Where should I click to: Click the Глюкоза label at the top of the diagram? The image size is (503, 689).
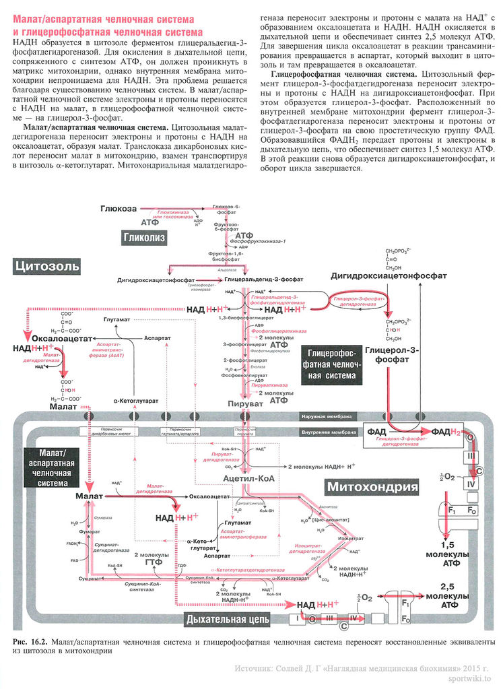click(x=119, y=209)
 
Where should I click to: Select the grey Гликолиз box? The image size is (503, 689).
click(x=144, y=237)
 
